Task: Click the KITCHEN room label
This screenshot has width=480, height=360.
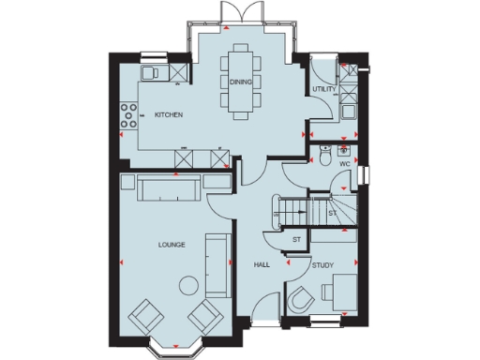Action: tap(169, 114)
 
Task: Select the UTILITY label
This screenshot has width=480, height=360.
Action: tap(324, 89)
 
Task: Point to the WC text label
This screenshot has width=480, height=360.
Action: tap(344, 163)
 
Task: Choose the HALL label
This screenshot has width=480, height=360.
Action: tap(262, 265)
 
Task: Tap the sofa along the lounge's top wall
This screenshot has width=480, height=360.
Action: tap(167, 189)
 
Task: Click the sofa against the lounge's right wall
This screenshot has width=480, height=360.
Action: tap(219, 264)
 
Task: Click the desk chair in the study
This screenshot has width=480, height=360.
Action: tap(302, 301)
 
